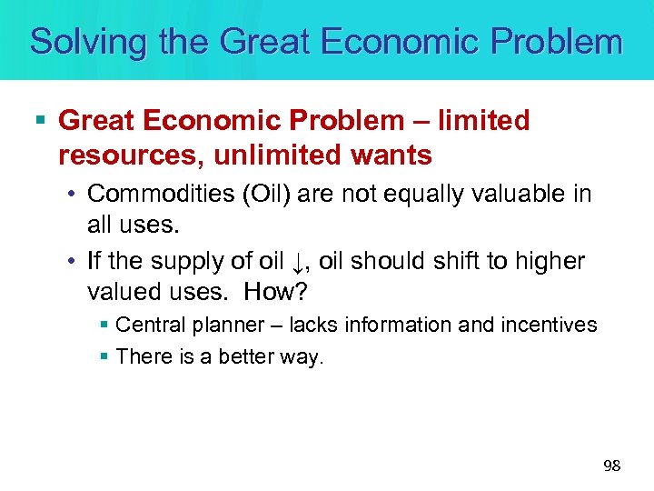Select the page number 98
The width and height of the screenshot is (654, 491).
click(x=612, y=466)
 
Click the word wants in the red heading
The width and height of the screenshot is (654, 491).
click(x=401, y=155)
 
